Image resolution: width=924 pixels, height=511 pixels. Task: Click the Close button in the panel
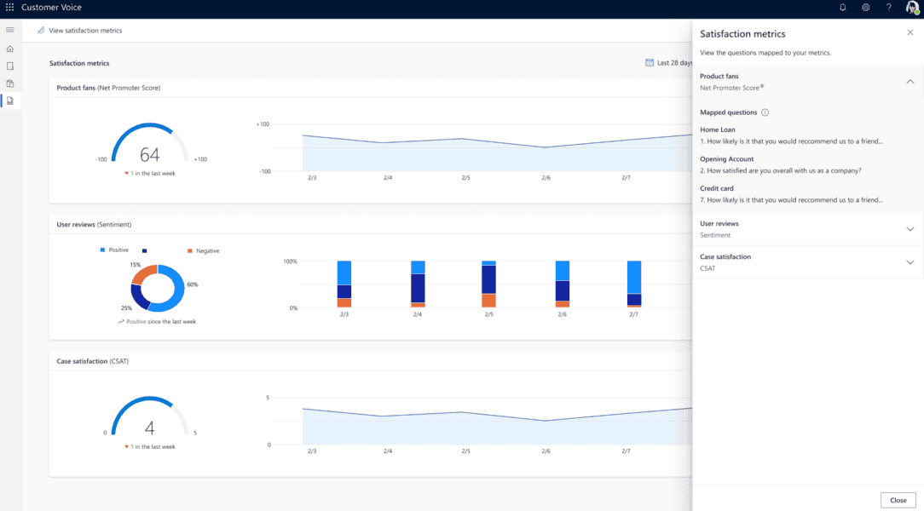(x=898, y=500)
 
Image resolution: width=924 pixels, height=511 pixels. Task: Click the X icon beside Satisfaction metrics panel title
(x=910, y=32)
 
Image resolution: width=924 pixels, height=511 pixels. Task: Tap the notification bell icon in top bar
(x=843, y=8)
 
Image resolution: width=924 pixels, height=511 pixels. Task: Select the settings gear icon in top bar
(x=865, y=8)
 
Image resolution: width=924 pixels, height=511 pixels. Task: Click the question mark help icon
(x=888, y=8)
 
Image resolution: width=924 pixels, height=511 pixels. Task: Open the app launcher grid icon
(x=9, y=8)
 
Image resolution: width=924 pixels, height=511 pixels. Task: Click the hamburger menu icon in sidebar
(x=10, y=30)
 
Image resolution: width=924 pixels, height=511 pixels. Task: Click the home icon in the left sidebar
(x=10, y=49)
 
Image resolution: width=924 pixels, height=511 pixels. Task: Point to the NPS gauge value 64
(x=149, y=154)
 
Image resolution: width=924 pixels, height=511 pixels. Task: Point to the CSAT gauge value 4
(x=149, y=428)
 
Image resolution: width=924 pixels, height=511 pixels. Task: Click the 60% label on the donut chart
(x=192, y=284)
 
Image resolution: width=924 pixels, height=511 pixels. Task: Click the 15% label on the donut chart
(x=135, y=265)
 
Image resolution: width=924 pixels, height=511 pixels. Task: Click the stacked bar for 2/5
(x=488, y=284)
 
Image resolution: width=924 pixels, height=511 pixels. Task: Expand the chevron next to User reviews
(x=910, y=229)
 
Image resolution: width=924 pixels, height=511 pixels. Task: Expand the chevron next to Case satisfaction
(x=910, y=262)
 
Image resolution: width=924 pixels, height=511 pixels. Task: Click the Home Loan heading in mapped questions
(x=717, y=130)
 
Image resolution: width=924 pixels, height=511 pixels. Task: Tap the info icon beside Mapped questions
(x=765, y=112)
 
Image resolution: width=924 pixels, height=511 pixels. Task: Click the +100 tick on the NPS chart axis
(x=263, y=124)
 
